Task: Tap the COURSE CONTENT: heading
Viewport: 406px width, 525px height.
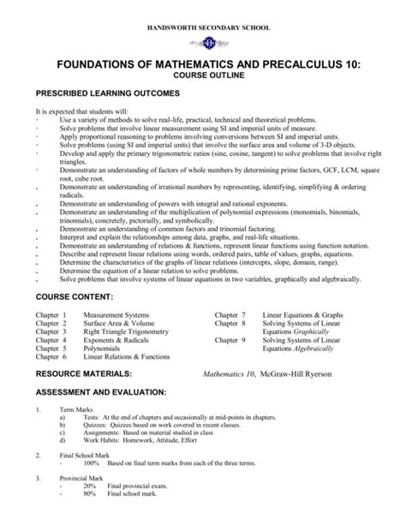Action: click(75, 296)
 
